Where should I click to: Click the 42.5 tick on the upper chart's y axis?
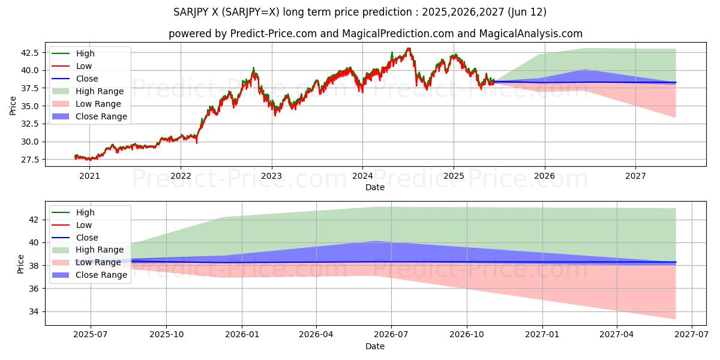[29, 53]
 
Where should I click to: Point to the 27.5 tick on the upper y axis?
[29, 160]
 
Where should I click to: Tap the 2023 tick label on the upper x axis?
[271, 176]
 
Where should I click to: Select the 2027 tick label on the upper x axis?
[635, 176]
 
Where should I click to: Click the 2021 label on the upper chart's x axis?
[89, 176]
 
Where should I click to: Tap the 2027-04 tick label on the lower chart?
[617, 335]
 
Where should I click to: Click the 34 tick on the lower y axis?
[34, 311]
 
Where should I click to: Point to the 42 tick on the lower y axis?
[34, 220]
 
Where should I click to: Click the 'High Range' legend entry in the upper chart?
[100, 91]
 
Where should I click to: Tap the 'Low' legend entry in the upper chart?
[83, 66]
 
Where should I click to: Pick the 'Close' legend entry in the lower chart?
[87, 238]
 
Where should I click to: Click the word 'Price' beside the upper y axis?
[13, 106]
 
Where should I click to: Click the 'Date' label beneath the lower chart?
[375, 346]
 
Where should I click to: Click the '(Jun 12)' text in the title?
[527, 12]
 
